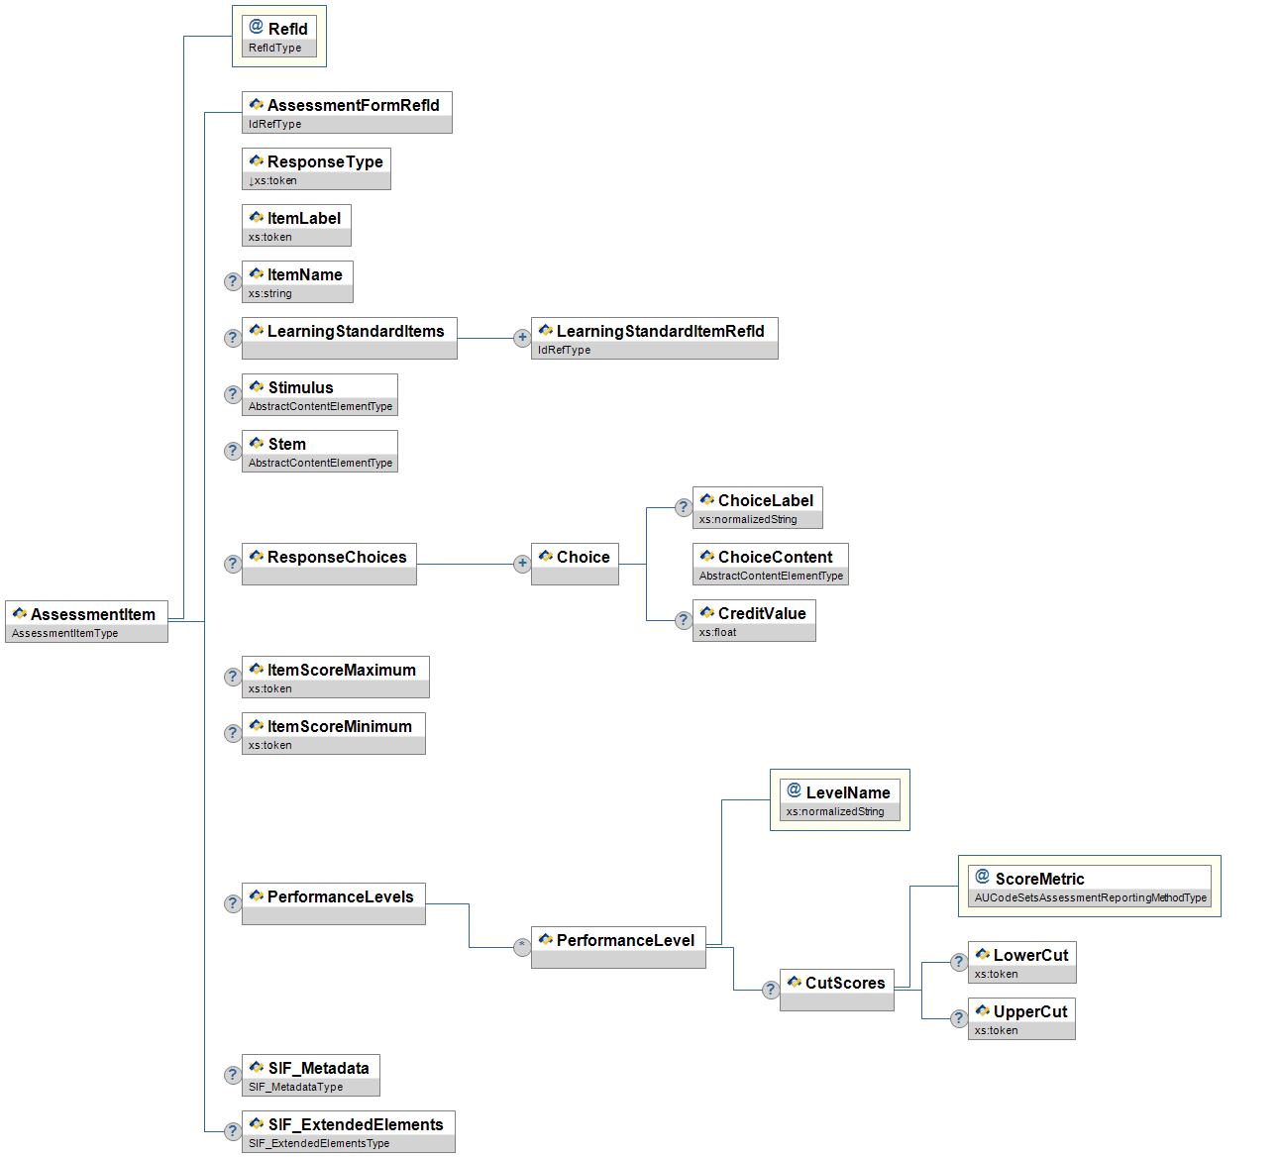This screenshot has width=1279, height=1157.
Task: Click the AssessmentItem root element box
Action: click(86, 621)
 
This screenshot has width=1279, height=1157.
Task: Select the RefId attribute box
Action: click(279, 36)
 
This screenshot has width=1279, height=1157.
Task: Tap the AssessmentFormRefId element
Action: click(347, 112)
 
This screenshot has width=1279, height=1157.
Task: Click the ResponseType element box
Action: click(316, 168)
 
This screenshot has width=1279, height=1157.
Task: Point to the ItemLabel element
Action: click(296, 225)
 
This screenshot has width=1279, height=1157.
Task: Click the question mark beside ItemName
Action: click(233, 281)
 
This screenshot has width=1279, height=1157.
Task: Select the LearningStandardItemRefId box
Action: click(654, 338)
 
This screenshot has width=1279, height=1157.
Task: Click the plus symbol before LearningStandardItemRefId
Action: click(522, 338)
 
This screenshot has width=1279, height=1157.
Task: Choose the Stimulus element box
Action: click(319, 394)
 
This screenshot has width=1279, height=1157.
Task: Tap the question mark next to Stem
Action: click(233, 451)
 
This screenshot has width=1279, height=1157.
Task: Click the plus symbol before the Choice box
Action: click(522, 564)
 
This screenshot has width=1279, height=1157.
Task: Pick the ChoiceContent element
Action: click(770, 564)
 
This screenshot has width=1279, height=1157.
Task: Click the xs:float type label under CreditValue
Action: click(718, 632)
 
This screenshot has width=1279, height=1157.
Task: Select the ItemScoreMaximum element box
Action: click(335, 677)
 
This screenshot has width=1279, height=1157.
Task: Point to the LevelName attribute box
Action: click(839, 799)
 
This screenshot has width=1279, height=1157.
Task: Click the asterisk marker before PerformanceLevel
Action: click(522, 947)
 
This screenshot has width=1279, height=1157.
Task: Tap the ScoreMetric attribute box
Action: click(1089, 886)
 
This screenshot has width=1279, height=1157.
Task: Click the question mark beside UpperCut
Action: click(959, 1018)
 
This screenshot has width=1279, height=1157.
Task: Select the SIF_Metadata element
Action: click(310, 1075)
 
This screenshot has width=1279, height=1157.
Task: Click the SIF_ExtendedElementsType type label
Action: click(319, 1143)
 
